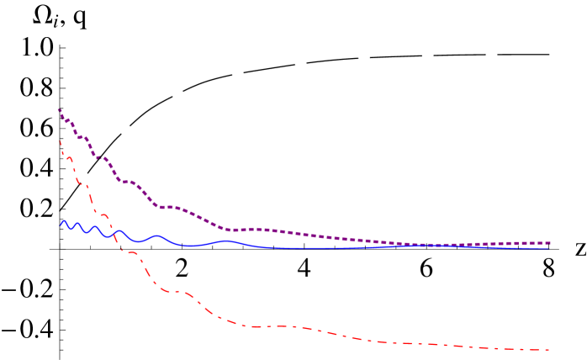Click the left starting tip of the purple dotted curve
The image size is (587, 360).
point(59,109)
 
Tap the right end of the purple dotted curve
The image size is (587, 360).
point(550,243)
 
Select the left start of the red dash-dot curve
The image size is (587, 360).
point(60,141)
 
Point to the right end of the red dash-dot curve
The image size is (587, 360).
point(549,350)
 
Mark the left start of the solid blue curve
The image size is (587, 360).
point(61,225)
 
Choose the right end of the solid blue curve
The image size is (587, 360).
point(550,248)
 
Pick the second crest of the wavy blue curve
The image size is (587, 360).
point(78,224)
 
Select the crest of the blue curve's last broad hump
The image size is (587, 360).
point(227,241)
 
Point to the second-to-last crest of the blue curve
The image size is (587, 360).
point(157,236)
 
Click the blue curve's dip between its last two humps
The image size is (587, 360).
point(191,246)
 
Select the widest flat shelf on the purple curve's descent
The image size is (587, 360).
point(168,206)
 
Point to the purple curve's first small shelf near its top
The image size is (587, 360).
point(67,119)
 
